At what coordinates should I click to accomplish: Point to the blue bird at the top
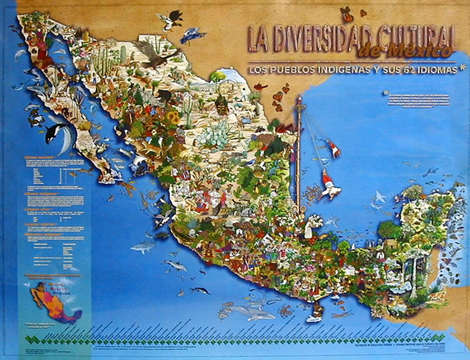[x=193, y=34]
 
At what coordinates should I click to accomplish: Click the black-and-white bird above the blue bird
[x=171, y=19]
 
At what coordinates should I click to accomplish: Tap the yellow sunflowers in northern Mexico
[x=173, y=118]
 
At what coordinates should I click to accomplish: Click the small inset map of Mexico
[x=53, y=302]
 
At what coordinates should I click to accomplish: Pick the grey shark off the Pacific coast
[x=143, y=247]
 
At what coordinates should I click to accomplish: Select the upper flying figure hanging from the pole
[x=332, y=149]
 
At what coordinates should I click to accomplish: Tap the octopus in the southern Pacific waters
[x=287, y=311]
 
